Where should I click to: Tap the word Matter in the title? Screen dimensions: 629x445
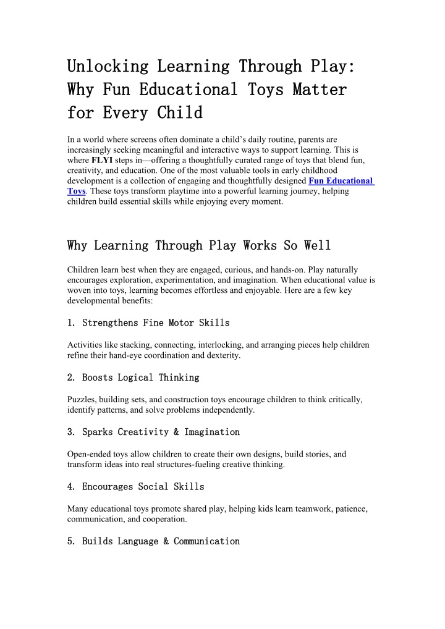[320, 90]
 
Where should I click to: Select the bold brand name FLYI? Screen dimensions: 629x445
[101, 161]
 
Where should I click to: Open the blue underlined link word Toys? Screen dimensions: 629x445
[75, 191]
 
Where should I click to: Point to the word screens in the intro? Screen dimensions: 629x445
[140, 140]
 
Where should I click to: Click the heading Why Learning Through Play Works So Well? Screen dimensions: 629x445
[198, 246]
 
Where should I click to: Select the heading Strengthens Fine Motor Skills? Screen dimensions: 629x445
[156, 323]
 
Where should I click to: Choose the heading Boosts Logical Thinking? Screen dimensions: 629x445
[140, 378]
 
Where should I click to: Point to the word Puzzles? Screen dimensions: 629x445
[82, 400]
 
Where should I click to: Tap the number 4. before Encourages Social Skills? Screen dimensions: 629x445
[71, 487]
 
